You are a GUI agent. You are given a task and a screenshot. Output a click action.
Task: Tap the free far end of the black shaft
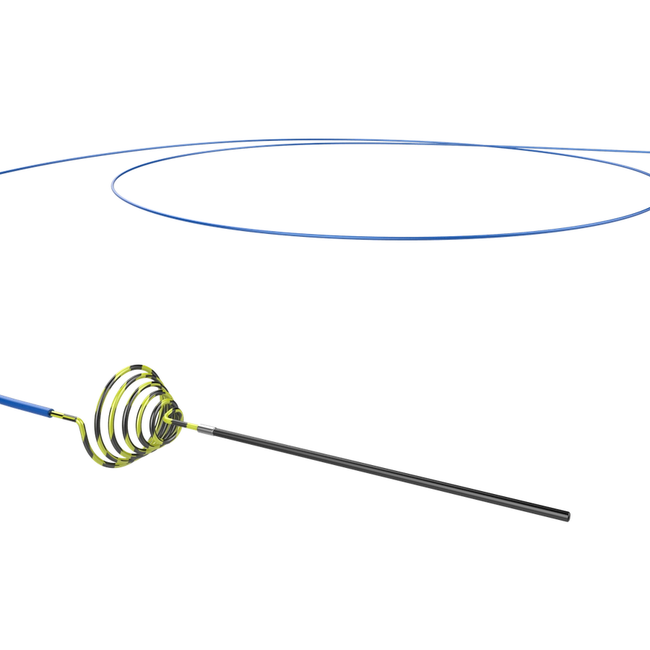[567, 516]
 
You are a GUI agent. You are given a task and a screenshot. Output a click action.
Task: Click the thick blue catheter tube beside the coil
[29, 405]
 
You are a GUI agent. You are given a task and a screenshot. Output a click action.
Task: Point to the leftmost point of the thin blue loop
[111, 186]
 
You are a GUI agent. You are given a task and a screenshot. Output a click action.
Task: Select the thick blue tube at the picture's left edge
[3, 396]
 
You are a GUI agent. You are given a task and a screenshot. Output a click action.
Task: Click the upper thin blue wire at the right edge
[646, 152]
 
